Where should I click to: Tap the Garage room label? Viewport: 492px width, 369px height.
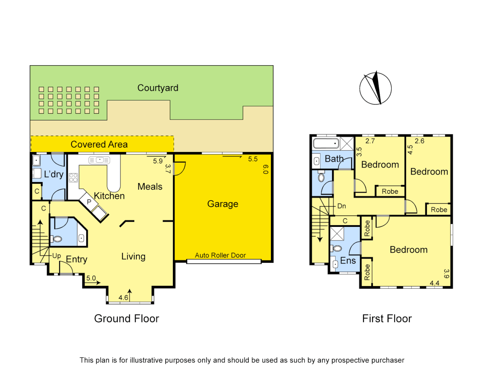pos(223,204)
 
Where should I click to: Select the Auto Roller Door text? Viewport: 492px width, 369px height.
pos(220,255)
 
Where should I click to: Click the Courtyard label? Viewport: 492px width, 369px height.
pos(158,88)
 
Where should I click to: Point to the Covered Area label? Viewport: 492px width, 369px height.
pos(99,145)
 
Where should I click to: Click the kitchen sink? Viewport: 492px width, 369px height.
pos(99,160)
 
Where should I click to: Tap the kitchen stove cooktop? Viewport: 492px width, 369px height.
pos(73,178)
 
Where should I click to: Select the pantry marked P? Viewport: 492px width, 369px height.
pos(89,202)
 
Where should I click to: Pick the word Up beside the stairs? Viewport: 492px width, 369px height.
pos(56,256)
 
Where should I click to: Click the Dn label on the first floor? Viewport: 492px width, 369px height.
pos(342,206)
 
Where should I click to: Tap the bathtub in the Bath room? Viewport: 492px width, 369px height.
pos(326,143)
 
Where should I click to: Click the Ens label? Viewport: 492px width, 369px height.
pos(348,261)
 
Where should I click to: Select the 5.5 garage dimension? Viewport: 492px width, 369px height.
pos(253,159)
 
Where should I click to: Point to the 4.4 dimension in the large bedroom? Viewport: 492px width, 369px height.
pos(434,283)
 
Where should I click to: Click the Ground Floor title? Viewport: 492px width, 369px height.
pos(126,318)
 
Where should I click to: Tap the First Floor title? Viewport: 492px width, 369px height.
pos(387,318)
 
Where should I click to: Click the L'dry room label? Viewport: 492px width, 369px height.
pos(54,174)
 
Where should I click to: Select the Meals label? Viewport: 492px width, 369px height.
pos(150,187)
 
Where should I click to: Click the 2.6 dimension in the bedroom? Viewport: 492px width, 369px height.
pos(420,141)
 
